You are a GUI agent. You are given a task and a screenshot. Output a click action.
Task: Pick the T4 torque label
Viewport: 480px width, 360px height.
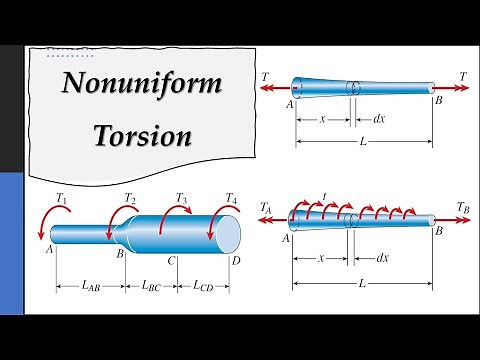coord(232,198)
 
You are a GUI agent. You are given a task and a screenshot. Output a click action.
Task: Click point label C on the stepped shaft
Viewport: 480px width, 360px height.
coord(172,261)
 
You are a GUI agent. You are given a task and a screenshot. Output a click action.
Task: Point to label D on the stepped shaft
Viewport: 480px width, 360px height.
coord(236,261)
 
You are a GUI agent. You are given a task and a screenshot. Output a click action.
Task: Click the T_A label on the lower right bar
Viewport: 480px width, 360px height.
coord(266,207)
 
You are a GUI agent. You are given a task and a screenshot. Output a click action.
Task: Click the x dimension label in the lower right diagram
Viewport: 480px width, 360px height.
coord(322,257)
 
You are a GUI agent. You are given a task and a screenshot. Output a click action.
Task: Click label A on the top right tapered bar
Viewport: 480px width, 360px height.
coord(290,102)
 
